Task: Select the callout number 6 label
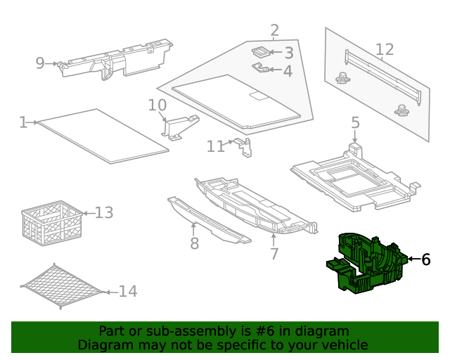(x=425, y=259)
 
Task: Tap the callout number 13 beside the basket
(x=103, y=212)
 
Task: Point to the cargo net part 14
(x=62, y=287)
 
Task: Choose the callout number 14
(x=127, y=291)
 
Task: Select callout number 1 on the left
(x=23, y=122)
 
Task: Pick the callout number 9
(x=40, y=63)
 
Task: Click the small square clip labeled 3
(x=260, y=51)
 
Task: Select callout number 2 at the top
(x=274, y=30)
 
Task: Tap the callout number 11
(x=215, y=146)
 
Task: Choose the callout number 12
(x=384, y=49)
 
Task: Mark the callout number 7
(x=274, y=254)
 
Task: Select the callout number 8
(x=194, y=243)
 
